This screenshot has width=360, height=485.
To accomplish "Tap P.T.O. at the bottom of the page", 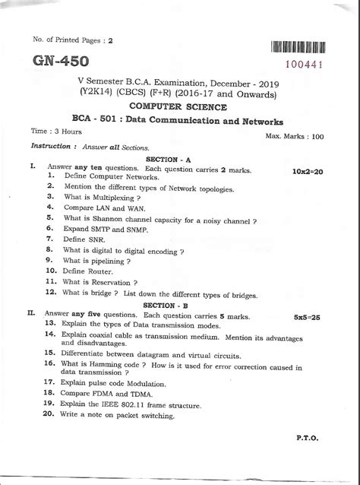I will click(x=311, y=439).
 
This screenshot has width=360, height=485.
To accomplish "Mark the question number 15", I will click(x=49, y=353).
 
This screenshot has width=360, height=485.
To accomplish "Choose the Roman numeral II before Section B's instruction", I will click(x=31, y=312).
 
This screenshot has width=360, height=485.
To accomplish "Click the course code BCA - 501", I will click(x=115, y=121).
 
